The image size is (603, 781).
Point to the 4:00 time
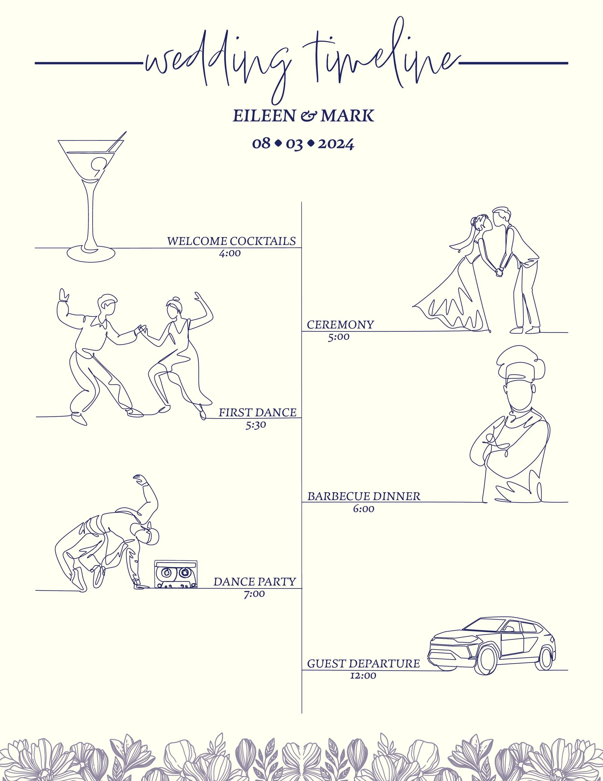coord(230,253)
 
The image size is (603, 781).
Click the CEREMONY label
coord(340,325)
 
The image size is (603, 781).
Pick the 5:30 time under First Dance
coord(255,425)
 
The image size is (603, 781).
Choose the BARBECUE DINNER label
coord(364,496)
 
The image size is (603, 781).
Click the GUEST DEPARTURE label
coord(363,664)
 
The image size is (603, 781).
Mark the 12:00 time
coord(363,675)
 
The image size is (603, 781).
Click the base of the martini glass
coord(91,253)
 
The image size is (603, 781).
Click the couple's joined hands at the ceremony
coord(498,272)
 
